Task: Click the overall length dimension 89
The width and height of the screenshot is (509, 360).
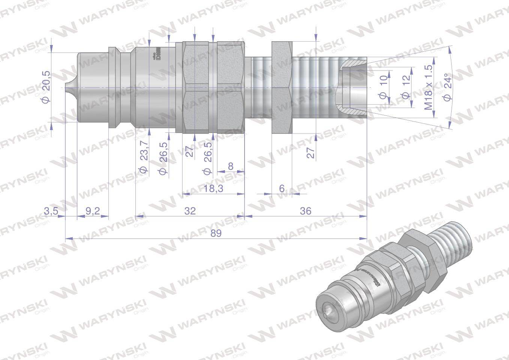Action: (x=216, y=233)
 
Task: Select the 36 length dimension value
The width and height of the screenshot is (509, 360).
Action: (x=306, y=211)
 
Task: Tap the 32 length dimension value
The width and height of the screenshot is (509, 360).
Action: (x=190, y=211)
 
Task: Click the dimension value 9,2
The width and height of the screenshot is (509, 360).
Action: (x=92, y=211)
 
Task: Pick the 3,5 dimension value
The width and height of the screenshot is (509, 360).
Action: (x=51, y=211)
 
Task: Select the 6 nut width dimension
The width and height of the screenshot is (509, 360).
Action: (x=282, y=189)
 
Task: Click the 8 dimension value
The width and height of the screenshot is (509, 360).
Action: (x=230, y=166)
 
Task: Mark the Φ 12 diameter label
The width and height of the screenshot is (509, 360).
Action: (x=405, y=87)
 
